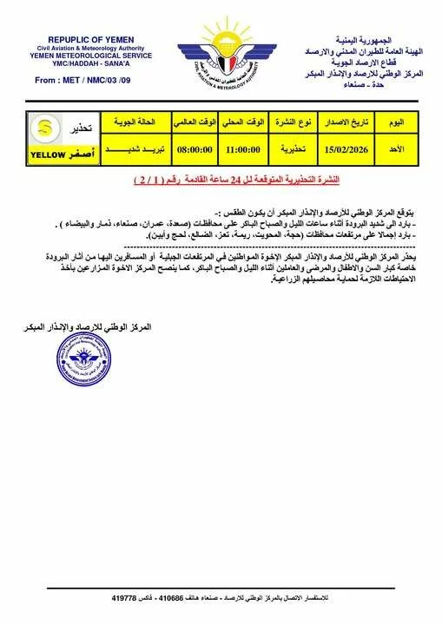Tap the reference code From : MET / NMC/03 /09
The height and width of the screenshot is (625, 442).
(82, 79)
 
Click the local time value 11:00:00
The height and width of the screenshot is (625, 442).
(242, 148)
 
